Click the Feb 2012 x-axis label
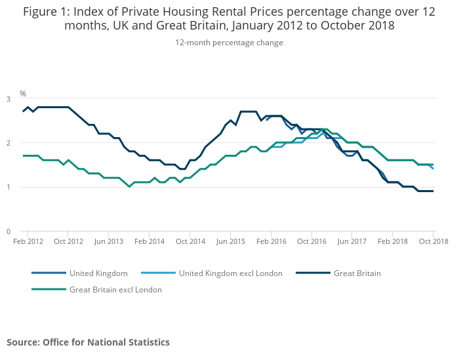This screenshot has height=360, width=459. (x=28, y=241)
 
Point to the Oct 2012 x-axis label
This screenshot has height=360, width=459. (x=68, y=241)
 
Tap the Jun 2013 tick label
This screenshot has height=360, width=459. (x=109, y=241)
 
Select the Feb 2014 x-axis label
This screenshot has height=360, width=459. (x=150, y=241)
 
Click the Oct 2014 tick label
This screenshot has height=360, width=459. (x=190, y=241)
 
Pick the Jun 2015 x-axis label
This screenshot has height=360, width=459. (x=230, y=241)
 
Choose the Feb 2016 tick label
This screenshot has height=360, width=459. (x=271, y=241)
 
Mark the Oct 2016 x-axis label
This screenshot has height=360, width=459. (x=311, y=241)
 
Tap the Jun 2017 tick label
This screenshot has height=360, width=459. (x=352, y=241)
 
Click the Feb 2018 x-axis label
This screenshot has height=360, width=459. (x=392, y=241)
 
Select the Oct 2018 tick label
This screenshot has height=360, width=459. (x=433, y=241)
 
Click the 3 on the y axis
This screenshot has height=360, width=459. (x=9, y=99)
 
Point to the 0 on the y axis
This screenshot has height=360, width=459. (x=9, y=231)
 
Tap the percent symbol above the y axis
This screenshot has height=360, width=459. (x=22, y=94)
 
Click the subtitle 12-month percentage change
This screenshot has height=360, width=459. (x=229, y=43)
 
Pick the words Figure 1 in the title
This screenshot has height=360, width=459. (x=46, y=11)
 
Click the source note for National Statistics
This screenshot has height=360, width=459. (x=88, y=342)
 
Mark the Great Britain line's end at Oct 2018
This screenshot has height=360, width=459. (x=433, y=191)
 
